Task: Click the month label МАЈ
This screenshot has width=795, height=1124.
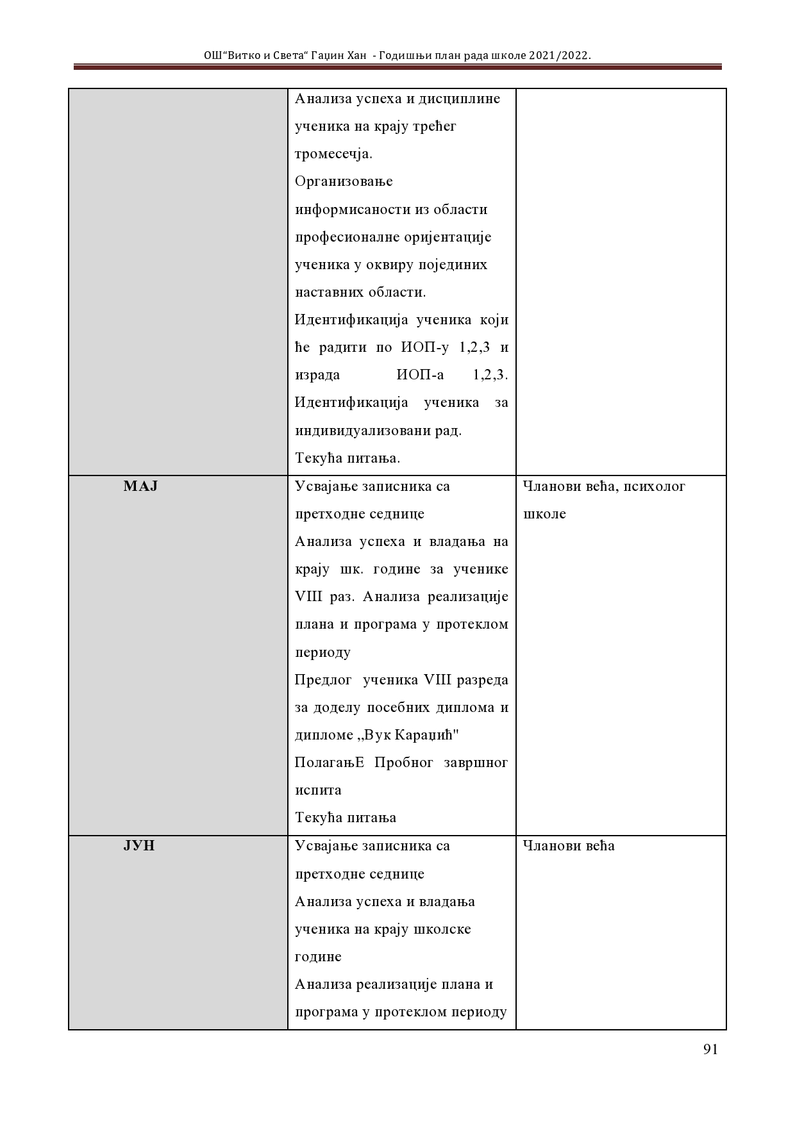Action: point(140,486)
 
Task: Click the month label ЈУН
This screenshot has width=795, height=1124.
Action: point(139,846)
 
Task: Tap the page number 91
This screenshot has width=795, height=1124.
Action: point(710,1049)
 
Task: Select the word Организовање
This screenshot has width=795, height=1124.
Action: point(344,182)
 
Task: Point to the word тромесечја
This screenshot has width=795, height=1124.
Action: point(333,154)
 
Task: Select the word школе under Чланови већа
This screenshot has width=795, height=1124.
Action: point(544,515)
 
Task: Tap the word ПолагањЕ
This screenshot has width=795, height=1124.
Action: point(330,763)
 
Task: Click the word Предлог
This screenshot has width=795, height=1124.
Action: point(324,680)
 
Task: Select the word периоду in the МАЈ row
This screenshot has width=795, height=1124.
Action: point(322,652)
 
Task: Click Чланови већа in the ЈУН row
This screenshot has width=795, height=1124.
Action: point(569,846)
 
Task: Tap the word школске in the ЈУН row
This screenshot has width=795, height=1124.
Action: point(442,929)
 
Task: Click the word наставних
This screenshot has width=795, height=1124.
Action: point(328,292)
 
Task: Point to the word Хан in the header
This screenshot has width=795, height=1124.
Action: point(356,56)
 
